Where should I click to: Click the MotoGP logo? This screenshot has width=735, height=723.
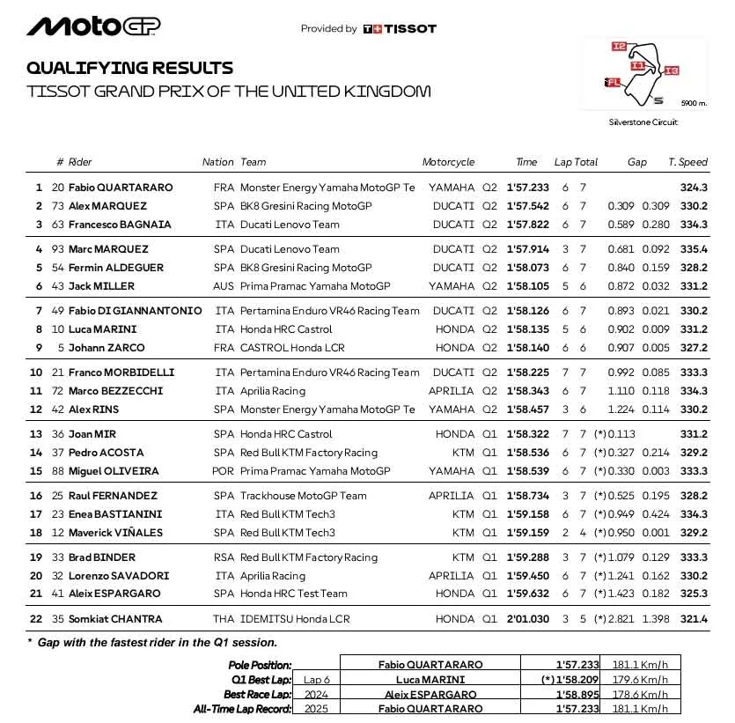pos(93,26)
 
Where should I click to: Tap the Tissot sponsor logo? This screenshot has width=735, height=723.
pos(400,28)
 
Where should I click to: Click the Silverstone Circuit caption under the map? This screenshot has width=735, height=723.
pos(643,122)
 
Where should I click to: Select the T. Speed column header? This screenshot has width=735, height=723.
pos(687,162)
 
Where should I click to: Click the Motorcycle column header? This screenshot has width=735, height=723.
pos(448,162)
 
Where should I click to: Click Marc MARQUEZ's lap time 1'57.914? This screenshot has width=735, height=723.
pos(527,249)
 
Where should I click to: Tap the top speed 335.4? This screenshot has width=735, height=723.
pos(694,249)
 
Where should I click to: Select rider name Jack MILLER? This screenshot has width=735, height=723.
pos(101,286)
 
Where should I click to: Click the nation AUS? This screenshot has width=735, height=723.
pos(224,286)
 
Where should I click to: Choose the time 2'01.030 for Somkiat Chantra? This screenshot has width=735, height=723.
pos(527,619)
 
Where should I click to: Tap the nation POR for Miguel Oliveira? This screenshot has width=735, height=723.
pos(224,471)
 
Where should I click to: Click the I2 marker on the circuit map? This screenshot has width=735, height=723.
pos(619,47)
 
